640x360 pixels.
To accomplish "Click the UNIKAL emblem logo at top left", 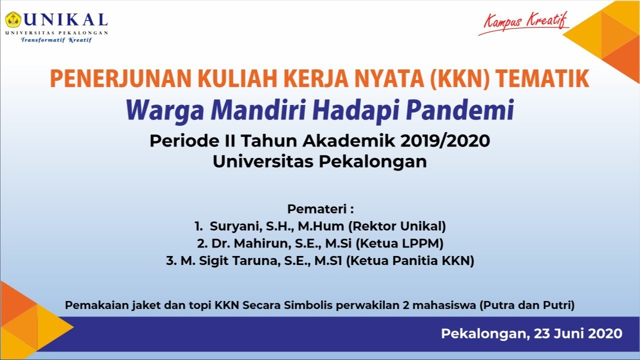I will pyautogui.click(x=12, y=20).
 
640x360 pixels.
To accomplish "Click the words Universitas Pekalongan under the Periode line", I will pyautogui.click(x=319, y=161).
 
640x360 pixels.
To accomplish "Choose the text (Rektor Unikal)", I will pyautogui.click(x=396, y=226).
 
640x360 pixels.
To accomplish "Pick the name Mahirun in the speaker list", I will pyautogui.click(x=252, y=243).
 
